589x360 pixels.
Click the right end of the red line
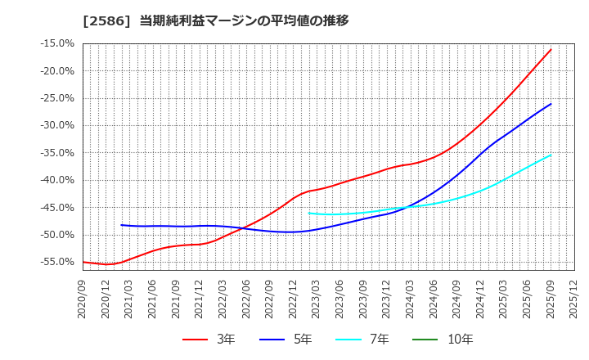551,49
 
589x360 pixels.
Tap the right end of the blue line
551,104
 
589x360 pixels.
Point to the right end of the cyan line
551,155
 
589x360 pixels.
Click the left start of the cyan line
309,213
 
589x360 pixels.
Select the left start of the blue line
121,225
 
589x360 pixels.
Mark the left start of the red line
83,262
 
